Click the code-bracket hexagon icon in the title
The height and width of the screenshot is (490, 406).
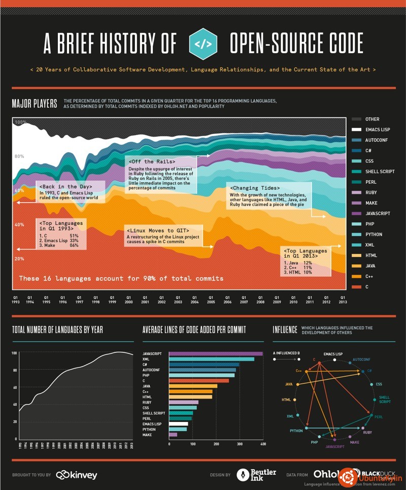pyautogui.click(x=203, y=44)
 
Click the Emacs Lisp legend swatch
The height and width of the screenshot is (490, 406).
pyautogui.click(x=356, y=130)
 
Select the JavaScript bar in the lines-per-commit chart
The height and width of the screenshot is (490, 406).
pyautogui.click(x=216, y=354)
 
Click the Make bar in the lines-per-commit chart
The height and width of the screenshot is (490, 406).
pyautogui.click(x=173, y=435)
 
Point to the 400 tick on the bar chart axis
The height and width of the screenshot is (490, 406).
pyautogui.click(x=263, y=444)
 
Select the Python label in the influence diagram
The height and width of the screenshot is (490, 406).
pyautogui.click(x=296, y=431)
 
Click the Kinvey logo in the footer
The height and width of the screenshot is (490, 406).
pyautogui.click(x=77, y=475)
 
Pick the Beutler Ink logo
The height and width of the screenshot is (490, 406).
pyautogui.click(x=256, y=475)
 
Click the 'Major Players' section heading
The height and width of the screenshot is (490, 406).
pyautogui.click(x=35, y=104)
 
